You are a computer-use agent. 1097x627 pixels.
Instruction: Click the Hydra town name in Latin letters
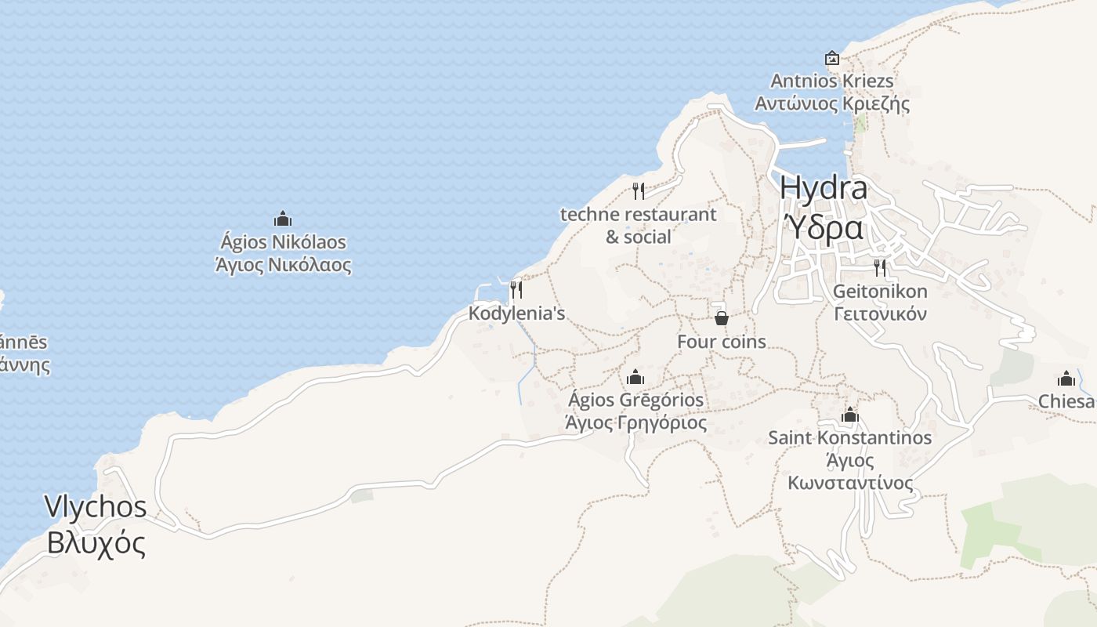[x=824, y=189]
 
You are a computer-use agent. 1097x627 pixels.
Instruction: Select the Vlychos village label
[x=96, y=506]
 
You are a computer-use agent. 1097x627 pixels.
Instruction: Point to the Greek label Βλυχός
[x=96, y=542]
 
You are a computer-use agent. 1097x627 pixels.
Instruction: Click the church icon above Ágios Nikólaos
[x=283, y=219]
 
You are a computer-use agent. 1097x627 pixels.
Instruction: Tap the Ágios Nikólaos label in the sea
[x=283, y=242]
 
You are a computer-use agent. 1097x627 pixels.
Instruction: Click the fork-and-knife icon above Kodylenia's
[x=516, y=290]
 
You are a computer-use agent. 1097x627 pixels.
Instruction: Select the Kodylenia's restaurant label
[x=516, y=313]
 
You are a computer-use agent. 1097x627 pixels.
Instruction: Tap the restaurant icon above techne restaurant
[x=639, y=190]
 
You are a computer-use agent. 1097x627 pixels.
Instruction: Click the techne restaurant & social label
[x=638, y=225]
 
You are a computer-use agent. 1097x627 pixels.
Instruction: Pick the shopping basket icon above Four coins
[x=722, y=318]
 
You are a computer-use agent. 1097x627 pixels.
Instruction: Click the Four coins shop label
[x=722, y=342]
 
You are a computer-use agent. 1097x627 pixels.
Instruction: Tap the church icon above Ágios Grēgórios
[x=635, y=377]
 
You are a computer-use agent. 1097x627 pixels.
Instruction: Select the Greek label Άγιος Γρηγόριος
[x=635, y=423]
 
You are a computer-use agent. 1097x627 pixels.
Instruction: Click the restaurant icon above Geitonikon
[x=880, y=268]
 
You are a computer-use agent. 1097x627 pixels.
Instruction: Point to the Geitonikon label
[x=880, y=292]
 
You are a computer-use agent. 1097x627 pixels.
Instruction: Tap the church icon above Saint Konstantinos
[x=850, y=415]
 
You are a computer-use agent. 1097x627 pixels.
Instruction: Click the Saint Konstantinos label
[x=850, y=437]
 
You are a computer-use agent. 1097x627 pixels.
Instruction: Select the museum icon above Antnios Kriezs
[x=832, y=58]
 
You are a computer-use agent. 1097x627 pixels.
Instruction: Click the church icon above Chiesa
[x=1066, y=379]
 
